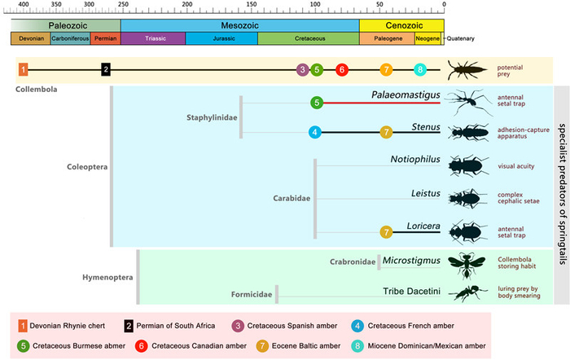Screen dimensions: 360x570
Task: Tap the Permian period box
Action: tap(105, 38)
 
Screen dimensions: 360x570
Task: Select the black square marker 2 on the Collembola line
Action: tap(105, 69)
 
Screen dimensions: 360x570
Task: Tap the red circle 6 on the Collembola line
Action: tap(342, 69)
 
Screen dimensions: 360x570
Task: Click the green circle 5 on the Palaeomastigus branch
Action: tap(317, 103)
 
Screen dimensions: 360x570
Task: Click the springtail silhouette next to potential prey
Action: tap(468, 69)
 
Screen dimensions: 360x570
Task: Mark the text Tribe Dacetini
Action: tap(412, 291)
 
